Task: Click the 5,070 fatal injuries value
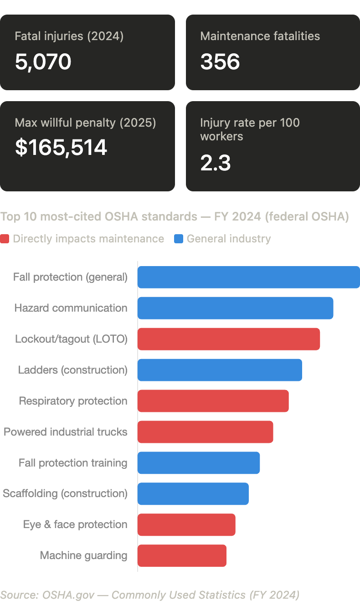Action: (x=43, y=62)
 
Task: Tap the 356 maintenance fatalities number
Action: (x=220, y=62)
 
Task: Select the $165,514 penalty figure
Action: (x=61, y=148)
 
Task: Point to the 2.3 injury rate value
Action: (x=216, y=163)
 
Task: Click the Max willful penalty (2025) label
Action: (x=85, y=123)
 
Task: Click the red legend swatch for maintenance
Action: (x=5, y=239)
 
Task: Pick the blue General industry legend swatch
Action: (x=179, y=239)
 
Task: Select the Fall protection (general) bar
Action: (x=248, y=277)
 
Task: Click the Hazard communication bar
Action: (x=235, y=308)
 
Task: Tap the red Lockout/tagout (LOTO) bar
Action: (x=229, y=339)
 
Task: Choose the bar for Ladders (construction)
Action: (x=220, y=370)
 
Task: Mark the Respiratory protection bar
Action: (x=213, y=401)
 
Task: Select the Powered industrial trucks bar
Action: (x=205, y=432)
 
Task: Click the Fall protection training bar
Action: (x=199, y=463)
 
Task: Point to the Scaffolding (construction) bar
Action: (x=193, y=494)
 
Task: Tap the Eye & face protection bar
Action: (x=186, y=525)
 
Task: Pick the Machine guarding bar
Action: (x=182, y=556)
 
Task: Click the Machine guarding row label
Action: (x=83, y=556)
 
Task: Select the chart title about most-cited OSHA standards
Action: (x=175, y=217)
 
